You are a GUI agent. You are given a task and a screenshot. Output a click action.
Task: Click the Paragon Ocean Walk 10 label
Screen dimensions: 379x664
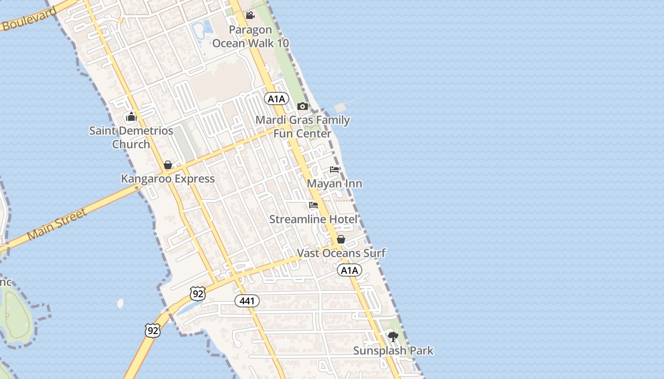pyautogui.click(x=250, y=36)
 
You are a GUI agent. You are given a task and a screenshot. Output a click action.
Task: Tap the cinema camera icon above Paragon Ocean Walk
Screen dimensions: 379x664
pyautogui.click(x=250, y=16)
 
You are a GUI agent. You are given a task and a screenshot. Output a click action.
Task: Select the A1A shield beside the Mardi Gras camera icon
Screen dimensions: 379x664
pyautogui.click(x=277, y=99)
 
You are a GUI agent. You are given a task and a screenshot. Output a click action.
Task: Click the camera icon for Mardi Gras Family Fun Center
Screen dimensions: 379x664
pyautogui.click(x=303, y=106)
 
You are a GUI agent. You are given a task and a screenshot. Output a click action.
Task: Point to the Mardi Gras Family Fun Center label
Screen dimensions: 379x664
pyautogui.click(x=303, y=127)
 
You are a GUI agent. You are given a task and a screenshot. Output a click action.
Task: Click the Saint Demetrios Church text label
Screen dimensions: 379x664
pyautogui.click(x=131, y=137)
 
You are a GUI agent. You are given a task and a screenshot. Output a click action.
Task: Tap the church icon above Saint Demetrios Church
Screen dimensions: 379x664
pyautogui.click(x=131, y=117)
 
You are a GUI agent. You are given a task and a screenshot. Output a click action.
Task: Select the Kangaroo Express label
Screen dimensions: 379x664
pyautogui.click(x=168, y=179)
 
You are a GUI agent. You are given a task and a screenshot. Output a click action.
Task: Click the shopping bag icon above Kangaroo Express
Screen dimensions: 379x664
pyautogui.click(x=168, y=165)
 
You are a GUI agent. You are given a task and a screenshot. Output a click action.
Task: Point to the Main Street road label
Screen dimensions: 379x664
pyautogui.click(x=57, y=224)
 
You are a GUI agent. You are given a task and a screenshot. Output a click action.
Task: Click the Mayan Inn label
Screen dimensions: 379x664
pyautogui.click(x=335, y=184)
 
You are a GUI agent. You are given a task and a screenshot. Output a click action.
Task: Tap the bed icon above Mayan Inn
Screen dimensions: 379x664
pyautogui.click(x=335, y=170)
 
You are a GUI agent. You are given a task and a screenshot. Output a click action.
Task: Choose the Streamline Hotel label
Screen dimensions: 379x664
pyautogui.click(x=314, y=219)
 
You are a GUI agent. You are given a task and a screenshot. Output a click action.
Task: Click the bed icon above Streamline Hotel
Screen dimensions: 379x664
pyautogui.click(x=314, y=205)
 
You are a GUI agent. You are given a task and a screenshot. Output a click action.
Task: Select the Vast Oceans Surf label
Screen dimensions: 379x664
pyautogui.click(x=341, y=253)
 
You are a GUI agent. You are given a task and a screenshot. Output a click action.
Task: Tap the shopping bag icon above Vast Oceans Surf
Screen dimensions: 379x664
pyautogui.click(x=341, y=239)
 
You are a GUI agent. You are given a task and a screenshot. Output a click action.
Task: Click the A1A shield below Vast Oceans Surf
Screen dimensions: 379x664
pyautogui.click(x=350, y=271)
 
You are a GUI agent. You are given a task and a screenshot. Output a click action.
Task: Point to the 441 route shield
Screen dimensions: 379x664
pyautogui.click(x=247, y=301)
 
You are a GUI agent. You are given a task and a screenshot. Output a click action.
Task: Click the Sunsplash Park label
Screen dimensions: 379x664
pyautogui.click(x=393, y=351)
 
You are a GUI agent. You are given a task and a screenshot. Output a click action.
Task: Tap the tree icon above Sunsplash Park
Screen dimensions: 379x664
pyautogui.click(x=393, y=337)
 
